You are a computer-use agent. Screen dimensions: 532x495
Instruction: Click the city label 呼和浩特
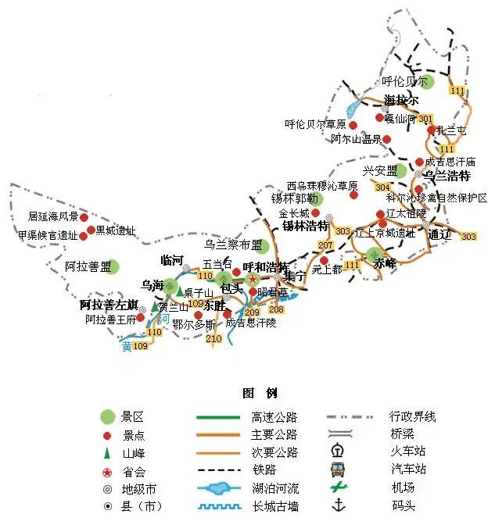[265, 267]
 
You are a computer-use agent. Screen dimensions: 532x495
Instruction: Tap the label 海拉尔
[401, 100]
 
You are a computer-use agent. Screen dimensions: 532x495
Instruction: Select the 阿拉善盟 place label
[88, 267]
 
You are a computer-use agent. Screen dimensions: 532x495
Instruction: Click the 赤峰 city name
[385, 263]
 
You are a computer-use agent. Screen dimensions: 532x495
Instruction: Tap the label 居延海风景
[54, 216]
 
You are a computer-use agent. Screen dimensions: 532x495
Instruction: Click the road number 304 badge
[382, 187]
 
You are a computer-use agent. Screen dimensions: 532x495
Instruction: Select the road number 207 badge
[326, 246]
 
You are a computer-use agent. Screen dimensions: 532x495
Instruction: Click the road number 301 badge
[425, 120]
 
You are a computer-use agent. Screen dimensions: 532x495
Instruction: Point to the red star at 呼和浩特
[253, 279]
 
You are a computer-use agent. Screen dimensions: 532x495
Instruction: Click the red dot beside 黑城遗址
[91, 230]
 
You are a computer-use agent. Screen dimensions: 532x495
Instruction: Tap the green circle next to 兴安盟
[401, 170]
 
